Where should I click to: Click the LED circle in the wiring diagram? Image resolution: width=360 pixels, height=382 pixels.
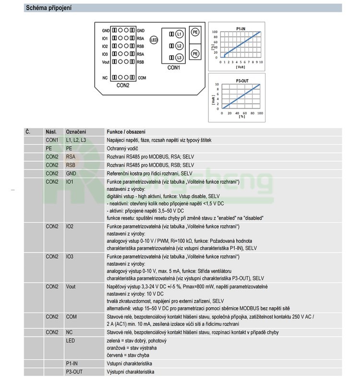tap(154, 40)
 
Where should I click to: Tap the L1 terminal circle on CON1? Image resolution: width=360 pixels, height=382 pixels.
tap(179, 34)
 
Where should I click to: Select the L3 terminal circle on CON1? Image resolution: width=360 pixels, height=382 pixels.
tap(179, 58)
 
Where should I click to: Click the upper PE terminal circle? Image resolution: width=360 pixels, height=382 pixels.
tap(195, 32)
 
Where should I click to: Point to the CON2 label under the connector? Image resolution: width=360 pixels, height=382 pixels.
tap(123, 85)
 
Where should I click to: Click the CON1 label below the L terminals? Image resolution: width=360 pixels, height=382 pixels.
tap(174, 68)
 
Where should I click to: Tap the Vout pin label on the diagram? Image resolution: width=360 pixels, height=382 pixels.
tap(106, 62)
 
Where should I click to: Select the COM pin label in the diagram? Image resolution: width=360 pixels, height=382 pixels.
tap(142, 77)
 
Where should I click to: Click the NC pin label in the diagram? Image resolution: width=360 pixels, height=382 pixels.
tap(105, 77)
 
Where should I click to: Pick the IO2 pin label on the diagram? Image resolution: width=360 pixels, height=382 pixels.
tap(105, 46)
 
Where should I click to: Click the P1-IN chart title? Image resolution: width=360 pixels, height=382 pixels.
tap(242, 29)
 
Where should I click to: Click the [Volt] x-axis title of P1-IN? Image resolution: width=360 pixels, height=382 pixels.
tap(240, 67)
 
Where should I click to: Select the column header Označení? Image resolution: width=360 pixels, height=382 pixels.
tap(76, 132)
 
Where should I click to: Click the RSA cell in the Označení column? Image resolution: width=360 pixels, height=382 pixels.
tap(71, 156)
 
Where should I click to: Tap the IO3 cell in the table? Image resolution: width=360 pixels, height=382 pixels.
tap(70, 257)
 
